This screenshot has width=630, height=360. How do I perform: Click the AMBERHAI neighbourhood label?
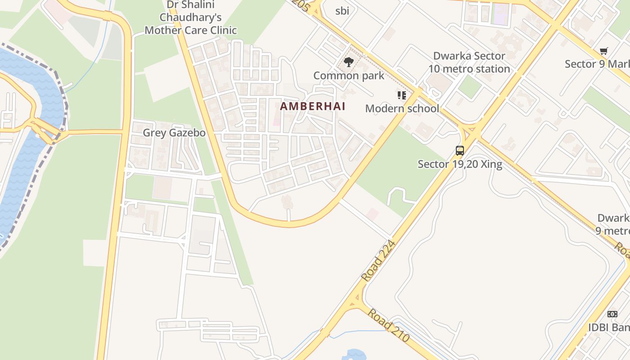pyautogui.click(x=313, y=106)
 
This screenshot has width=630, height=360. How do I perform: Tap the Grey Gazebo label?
pyautogui.click(x=174, y=133)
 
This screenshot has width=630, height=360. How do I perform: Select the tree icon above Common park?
pyautogui.click(x=348, y=62)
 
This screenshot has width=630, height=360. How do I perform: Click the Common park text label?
pyautogui.click(x=349, y=76)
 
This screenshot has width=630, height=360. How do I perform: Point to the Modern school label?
pyautogui.click(x=402, y=108)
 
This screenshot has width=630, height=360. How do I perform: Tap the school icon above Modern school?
pyautogui.click(x=402, y=95)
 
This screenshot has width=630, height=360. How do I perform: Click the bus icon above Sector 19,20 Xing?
pyautogui.click(x=459, y=151)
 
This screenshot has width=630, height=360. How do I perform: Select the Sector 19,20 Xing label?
pyautogui.click(x=460, y=164)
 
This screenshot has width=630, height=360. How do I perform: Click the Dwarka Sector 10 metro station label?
pyautogui.click(x=469, y=63)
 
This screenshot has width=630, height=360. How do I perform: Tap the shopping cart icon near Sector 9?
pyautogui.click(x=603, y=51)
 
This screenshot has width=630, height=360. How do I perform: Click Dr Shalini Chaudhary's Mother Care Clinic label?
pyautogui.click(x=191, y=18)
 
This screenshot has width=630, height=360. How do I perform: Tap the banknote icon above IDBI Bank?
pyautogui.click(x=612, y=314)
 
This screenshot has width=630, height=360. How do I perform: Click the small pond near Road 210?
pyautogui.click(x=354, y=355)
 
